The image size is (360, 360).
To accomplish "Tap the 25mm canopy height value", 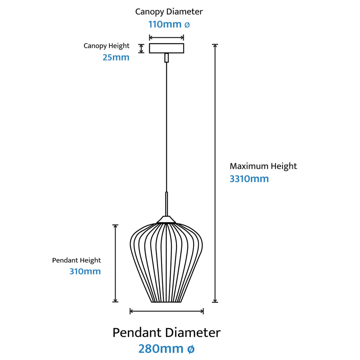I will [116, 57].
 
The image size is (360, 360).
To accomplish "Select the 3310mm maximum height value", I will [249, 179].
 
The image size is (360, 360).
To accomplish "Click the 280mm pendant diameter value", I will [161, 349].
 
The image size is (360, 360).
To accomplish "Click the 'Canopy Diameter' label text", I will [169, 12].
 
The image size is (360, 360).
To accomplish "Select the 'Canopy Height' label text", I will [107, 46].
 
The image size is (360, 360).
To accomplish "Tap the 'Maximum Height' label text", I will [263, 166].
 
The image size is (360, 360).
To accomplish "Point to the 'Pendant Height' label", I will [77, 260].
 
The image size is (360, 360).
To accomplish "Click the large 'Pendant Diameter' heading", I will [166, 333].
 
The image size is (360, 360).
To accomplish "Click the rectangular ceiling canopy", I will [167, 48].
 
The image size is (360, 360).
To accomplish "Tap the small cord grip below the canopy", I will [167, 58].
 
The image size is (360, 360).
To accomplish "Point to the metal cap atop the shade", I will [167, 220].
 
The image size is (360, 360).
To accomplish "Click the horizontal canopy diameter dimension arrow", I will [167, 37].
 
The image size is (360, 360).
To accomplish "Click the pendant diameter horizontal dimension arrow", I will [167, 311].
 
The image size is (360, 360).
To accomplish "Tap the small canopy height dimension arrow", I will [141, 48].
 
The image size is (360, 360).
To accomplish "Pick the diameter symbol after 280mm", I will [190, 349].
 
